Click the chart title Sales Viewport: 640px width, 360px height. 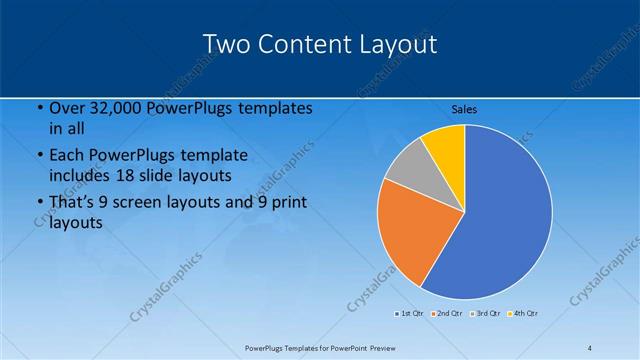[464, 109]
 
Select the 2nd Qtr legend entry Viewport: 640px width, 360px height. [447, 314]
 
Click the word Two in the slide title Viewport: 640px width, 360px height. [225, 44]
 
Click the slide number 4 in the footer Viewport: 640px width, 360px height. [589, 347]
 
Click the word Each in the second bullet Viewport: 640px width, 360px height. [66, 155]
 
